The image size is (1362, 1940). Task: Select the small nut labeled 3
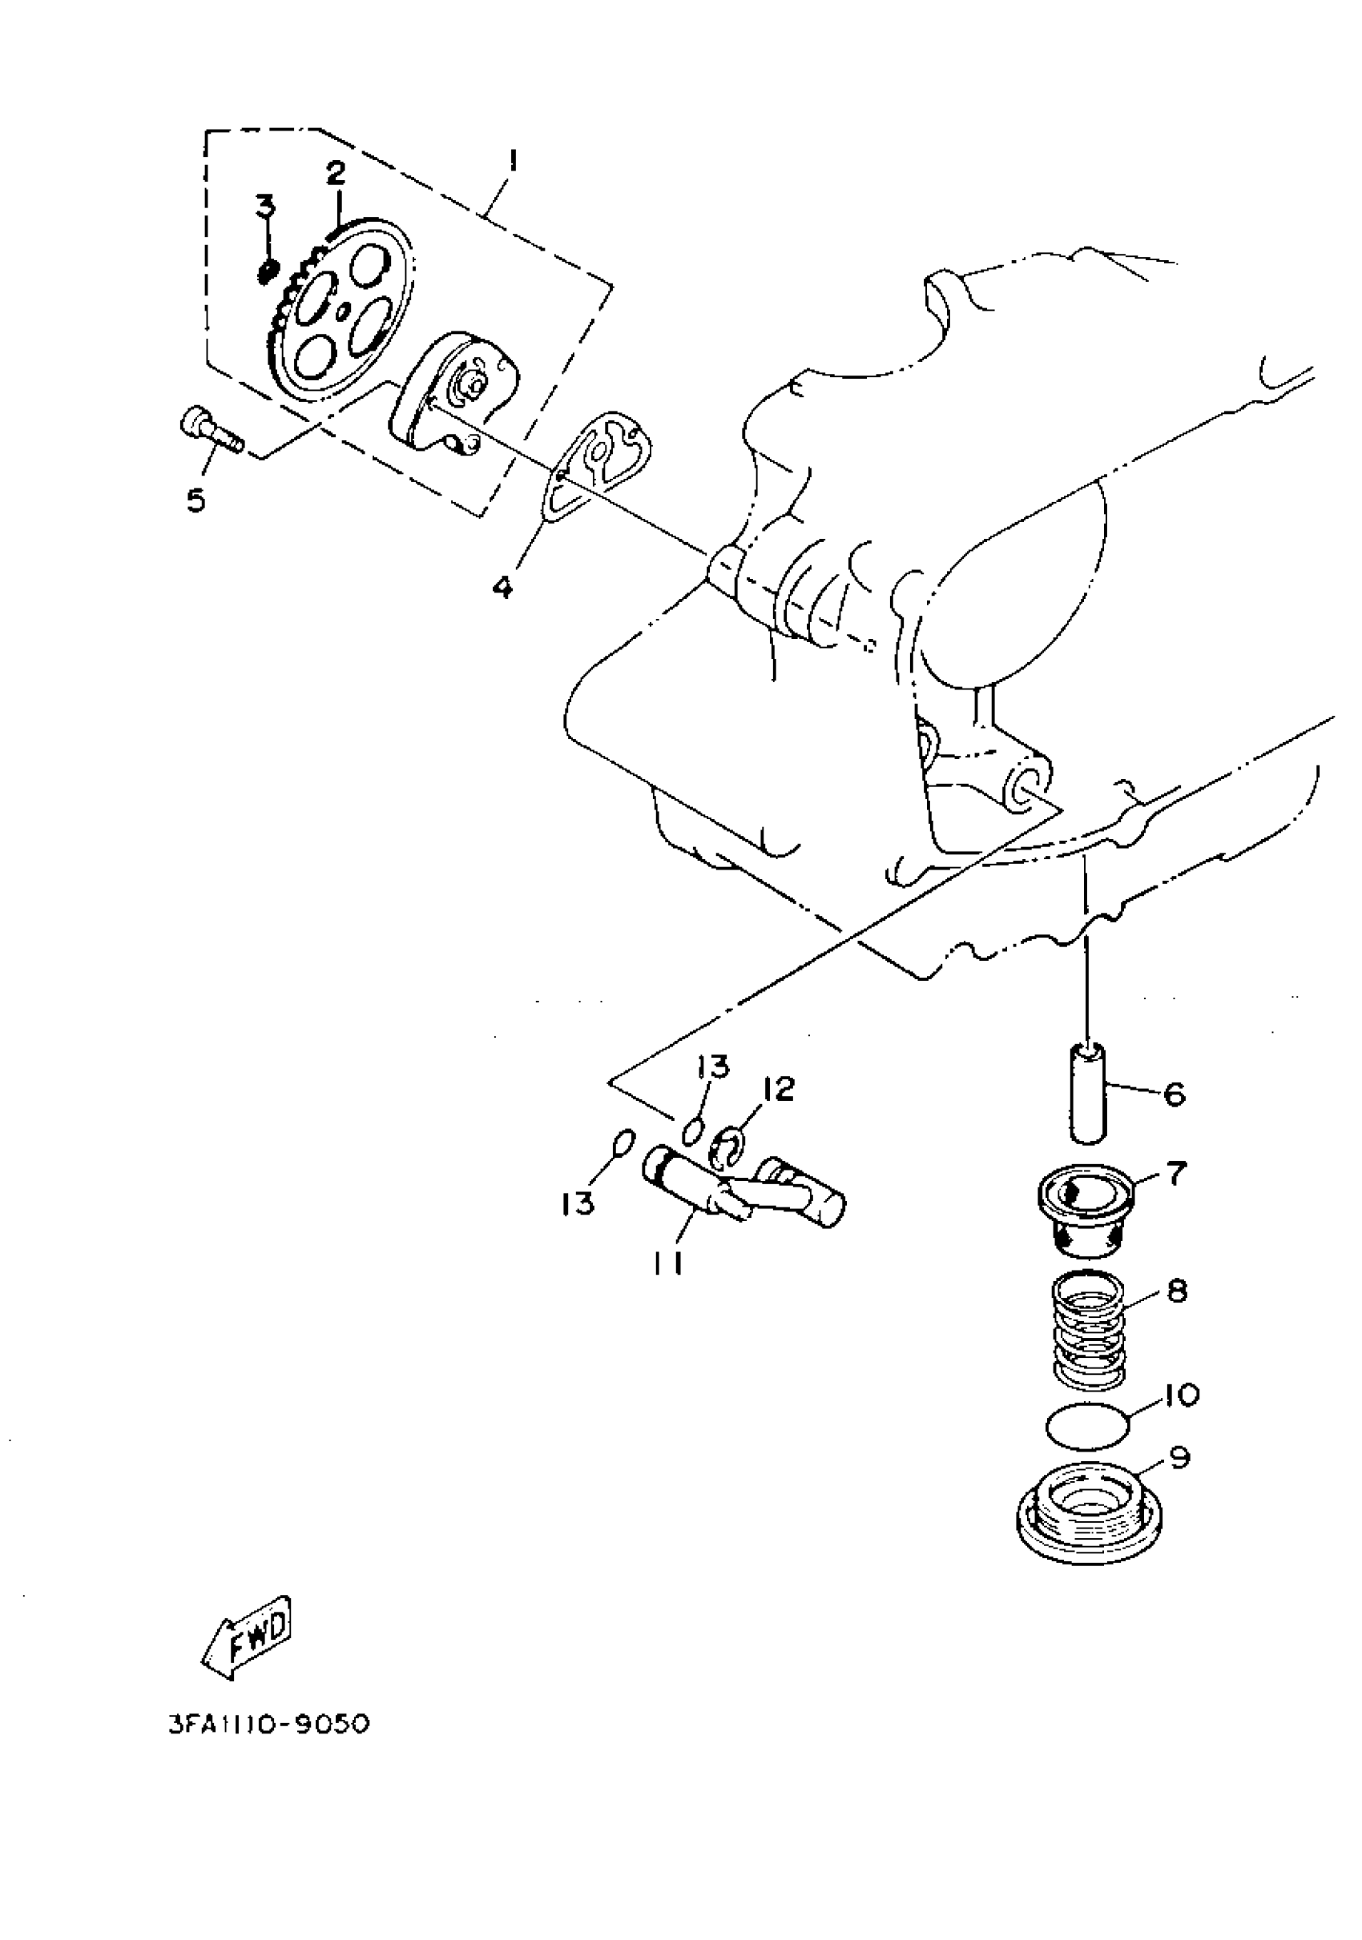267,271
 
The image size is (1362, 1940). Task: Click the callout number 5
196,501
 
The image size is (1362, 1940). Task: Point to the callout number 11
667,1265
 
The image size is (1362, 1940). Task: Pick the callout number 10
1181,1394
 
